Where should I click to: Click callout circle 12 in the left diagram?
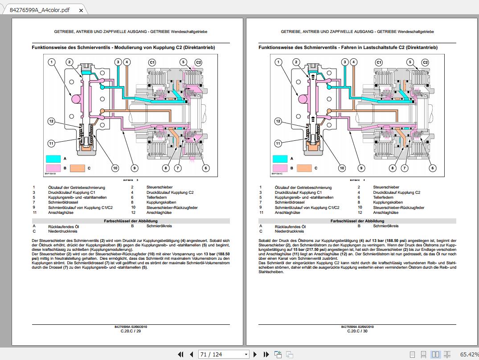(x=52, y=121)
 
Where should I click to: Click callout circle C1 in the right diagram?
(x=379, y=62)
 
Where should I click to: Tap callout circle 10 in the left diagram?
(x=115, y=168)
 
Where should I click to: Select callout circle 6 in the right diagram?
(x=432, y=168)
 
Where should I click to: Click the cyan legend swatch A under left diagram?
(x=53, y=158)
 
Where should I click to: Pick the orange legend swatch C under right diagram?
(x=304, y=168)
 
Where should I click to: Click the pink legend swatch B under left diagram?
(x=53, y=168)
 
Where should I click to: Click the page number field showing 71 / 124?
(x=224, y=354)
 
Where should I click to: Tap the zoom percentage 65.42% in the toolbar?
(x=469, y=354)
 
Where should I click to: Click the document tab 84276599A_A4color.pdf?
(x=40, y=9)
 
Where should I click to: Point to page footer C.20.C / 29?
(x=131, y=331)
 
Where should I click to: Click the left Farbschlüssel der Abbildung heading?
(x=131, y=221)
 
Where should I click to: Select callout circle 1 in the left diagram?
(x=52, y=62)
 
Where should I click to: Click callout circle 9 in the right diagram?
(x=361, y=168)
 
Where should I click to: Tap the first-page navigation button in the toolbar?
(x=180, y=354)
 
